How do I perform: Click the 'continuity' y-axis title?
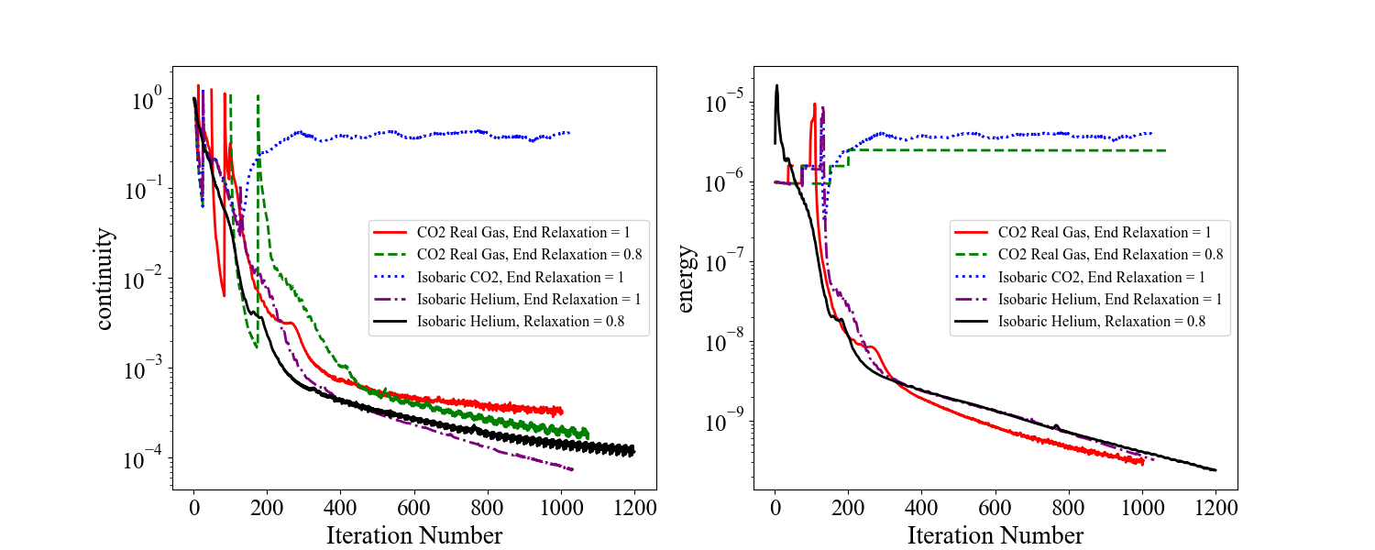[x=104, y=279]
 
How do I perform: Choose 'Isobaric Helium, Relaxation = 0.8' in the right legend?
[x=1101, y=322]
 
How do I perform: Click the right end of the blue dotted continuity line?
[x=569, y=133]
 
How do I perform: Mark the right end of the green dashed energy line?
[x=1166, y=150]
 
